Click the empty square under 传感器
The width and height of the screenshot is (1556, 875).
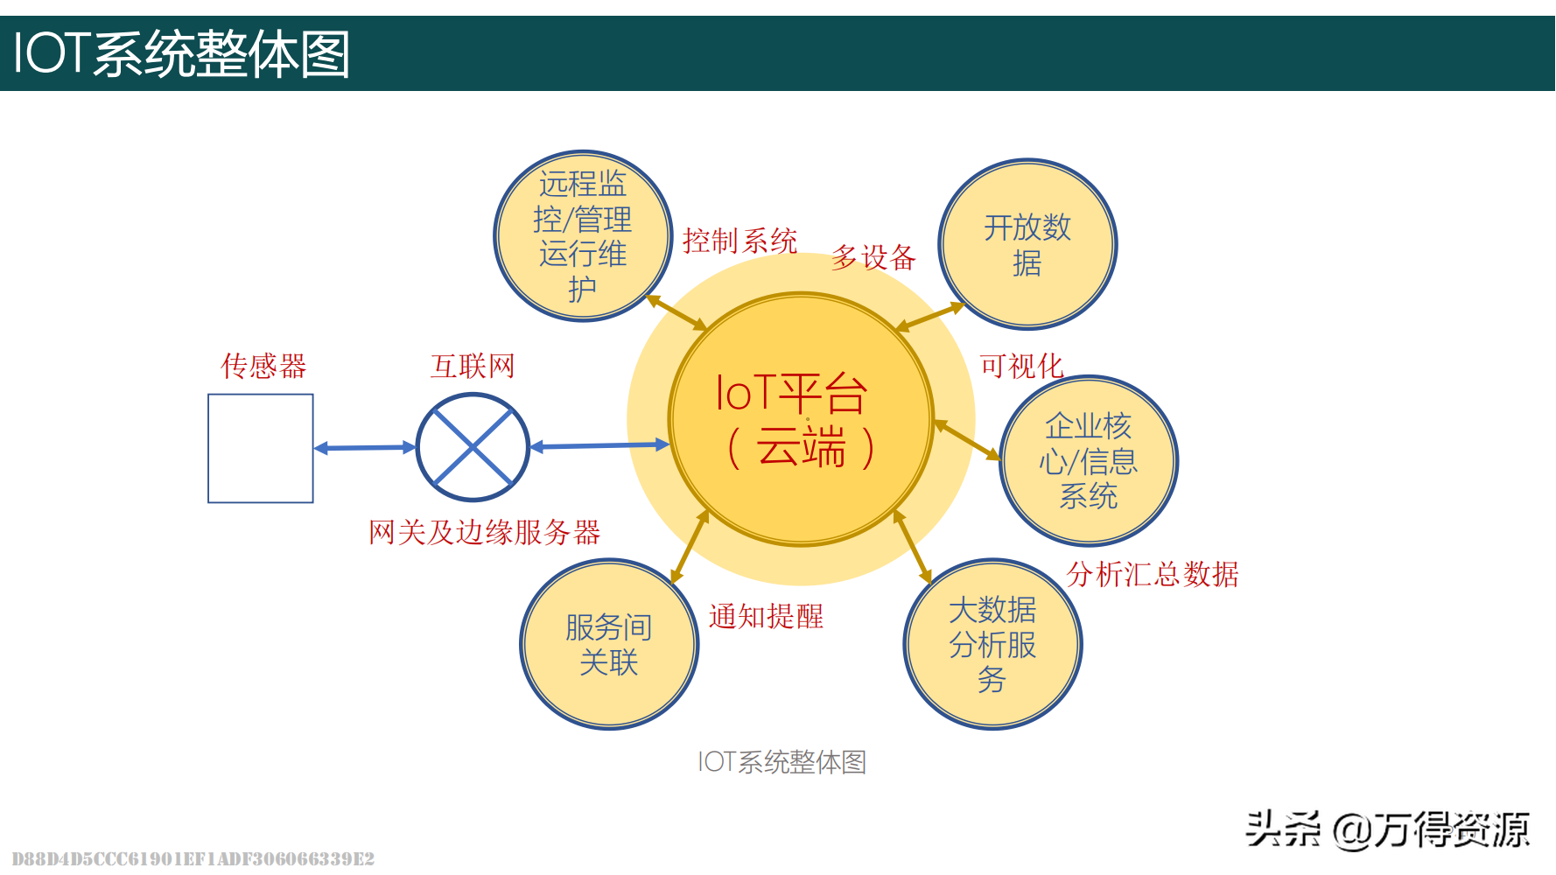point(260,448)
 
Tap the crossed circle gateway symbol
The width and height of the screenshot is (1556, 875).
point(473,447)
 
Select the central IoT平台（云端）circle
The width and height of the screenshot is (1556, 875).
point(801,420)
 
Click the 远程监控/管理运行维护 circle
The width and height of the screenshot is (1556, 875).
point(583,236)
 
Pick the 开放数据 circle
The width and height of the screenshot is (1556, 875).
point(1027,244)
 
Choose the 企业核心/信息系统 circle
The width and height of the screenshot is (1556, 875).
point(1089,461)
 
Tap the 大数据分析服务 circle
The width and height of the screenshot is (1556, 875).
point(992,644)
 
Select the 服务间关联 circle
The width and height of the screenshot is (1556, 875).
point(609,644)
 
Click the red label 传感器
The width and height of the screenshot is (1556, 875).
point(263,366)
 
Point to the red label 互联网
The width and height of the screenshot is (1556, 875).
point(473,366)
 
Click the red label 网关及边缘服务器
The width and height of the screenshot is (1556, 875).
point(484,532)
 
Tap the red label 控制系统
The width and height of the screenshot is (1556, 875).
point(739,241)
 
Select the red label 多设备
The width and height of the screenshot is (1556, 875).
point(873,257)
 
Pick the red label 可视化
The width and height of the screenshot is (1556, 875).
point(1021,365)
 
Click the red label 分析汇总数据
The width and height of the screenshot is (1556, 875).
point(1152,574)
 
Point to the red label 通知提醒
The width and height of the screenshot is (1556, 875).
point(766,616)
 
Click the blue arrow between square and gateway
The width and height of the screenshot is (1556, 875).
point(365,448)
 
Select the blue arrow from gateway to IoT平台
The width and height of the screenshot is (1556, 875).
point(599,446)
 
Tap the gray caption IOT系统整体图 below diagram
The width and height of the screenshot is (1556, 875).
point(782,761)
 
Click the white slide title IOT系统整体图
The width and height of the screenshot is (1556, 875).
point(181,54)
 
